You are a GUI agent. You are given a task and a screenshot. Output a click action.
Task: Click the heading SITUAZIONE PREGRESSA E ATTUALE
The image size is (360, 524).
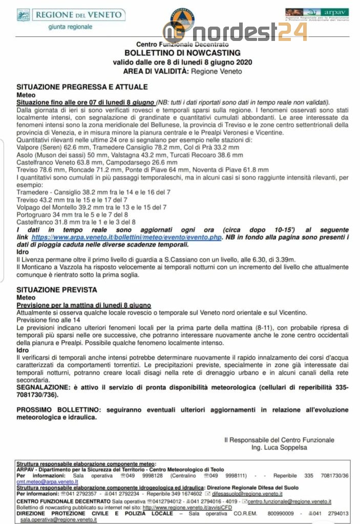tap(82, 87)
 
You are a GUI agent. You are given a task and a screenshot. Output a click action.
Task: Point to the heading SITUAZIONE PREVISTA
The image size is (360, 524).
tap(57, 290)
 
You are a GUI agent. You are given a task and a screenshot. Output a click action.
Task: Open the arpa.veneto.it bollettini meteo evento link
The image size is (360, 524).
tap(126, 238)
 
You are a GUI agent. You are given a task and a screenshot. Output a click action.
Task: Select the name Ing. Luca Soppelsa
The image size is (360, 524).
tap(280, 448)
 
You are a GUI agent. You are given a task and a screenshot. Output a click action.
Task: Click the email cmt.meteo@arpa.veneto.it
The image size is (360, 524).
tap(47, 482)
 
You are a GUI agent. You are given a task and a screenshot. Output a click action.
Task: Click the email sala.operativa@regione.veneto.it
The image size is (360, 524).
tap(58, 519)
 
